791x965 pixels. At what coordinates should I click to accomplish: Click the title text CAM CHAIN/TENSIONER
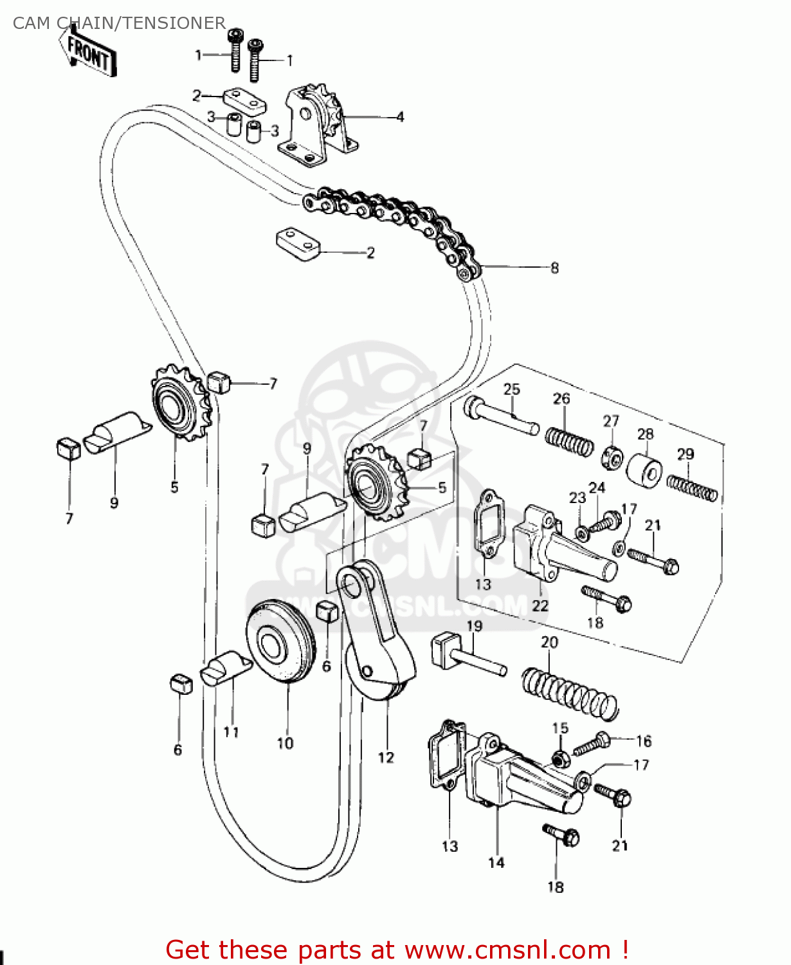119,23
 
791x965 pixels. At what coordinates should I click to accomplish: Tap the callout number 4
400,117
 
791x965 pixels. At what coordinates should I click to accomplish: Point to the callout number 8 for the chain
554,268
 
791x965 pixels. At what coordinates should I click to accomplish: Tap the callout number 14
496,863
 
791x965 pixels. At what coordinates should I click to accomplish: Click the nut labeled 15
561,758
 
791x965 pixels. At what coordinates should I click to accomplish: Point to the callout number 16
644,741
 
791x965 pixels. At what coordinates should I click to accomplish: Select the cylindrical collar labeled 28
644,469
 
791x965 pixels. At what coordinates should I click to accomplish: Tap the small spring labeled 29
692,488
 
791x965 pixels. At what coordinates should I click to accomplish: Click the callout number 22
540,605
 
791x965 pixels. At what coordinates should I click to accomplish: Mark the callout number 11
232,732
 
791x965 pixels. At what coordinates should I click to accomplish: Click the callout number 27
611,421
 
